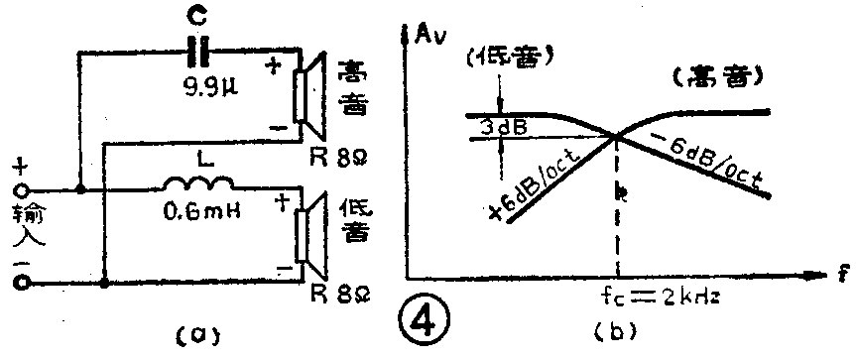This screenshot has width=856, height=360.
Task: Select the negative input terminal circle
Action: pos(19,284)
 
